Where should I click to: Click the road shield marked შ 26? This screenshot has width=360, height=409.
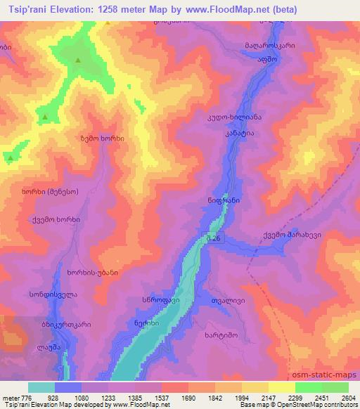(216, 238)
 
